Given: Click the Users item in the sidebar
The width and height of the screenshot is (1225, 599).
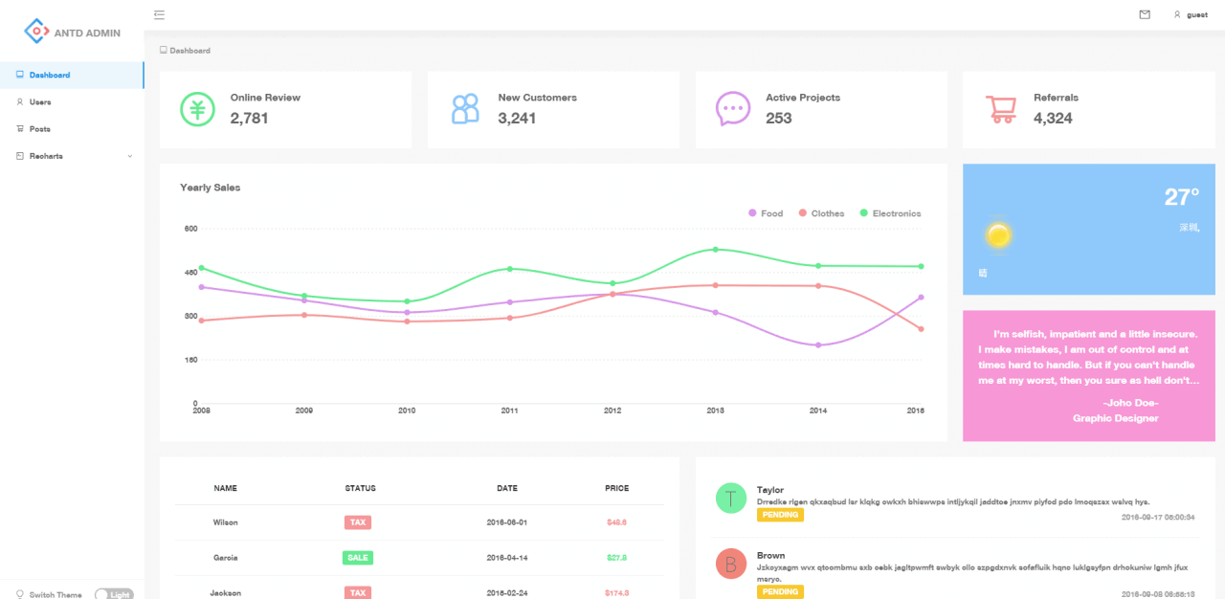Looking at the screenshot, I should (x=40, y=101).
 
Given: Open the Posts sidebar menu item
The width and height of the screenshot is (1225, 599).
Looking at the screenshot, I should (x=39, y=128).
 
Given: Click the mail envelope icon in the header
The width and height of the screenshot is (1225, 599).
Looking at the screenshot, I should (x=1144, y=14).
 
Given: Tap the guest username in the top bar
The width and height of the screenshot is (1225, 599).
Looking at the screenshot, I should (x=1196, y=15).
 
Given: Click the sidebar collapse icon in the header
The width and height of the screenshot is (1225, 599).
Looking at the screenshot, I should (x=159, y=14).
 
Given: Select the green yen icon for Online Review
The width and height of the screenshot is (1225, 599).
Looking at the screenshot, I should (x=198, y=109).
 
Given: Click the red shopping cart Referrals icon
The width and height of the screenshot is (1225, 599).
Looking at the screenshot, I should (x=1001, y=109).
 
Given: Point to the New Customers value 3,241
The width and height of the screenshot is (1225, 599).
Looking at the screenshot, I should (x=517, y=119).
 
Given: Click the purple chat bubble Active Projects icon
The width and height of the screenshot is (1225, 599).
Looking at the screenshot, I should (x=733, y=109).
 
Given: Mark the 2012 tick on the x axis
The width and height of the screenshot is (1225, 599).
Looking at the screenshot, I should (x=612, y=410).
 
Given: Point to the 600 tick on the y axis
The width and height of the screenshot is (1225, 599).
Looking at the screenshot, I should (x=190, y=229).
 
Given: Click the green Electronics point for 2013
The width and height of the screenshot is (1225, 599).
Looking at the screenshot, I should (x=715, y=250).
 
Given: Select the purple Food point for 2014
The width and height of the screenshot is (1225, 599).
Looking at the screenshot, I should (x=818, y=345).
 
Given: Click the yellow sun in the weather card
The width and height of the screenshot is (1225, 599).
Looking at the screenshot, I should (x=998, y=235).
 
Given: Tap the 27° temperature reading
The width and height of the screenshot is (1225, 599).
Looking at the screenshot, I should (x=1181, y=197).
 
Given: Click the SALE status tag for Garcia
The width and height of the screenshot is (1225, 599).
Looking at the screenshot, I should (x=358, y=557).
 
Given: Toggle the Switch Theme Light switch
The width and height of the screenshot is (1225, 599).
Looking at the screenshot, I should (x=114, y=594).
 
